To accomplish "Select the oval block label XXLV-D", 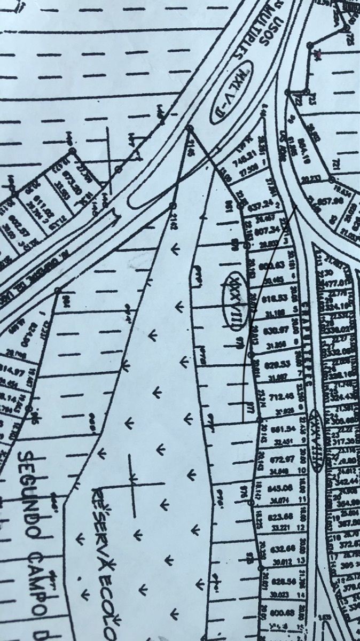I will tap(233, 96).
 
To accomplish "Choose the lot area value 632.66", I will tap(283, 549).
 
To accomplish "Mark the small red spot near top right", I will tap(319, 53).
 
